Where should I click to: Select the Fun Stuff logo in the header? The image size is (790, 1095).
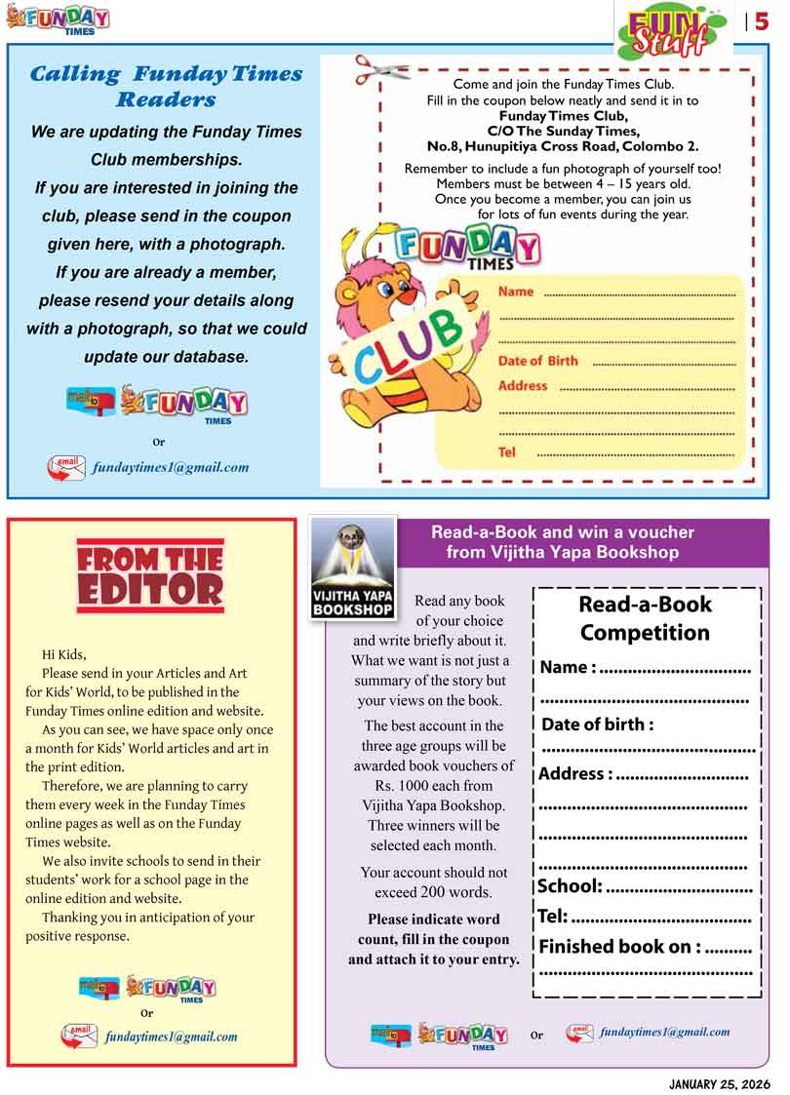(x=670, y=30)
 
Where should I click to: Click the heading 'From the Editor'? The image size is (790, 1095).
(x=150, y=574)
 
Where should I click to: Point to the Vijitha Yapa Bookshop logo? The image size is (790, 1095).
(x=353, y=567)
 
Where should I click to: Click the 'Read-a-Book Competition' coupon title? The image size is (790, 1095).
(x=645, y=618)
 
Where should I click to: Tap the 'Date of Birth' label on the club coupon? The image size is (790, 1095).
(x=537, y=361)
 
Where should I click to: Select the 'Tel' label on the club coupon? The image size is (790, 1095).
(x=507, y=452)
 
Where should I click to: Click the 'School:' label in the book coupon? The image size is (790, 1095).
(x=570, y=886)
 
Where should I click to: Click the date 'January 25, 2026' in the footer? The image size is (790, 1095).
(x=720, y=1084)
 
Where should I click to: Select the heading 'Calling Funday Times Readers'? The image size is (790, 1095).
(x=167, y=86)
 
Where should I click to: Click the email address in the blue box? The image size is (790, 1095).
(x=171, y=467)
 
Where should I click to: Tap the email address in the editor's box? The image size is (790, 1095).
(x=171, y=1036)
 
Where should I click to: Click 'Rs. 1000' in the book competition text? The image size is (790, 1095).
(x=398, y=786)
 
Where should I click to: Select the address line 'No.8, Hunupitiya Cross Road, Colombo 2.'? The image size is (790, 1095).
(x=563, y=146)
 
